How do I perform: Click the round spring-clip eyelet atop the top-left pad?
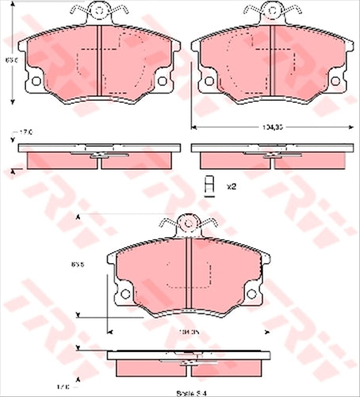pos(98,10)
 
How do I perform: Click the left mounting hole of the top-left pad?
pos(34,80)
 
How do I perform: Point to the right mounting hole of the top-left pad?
pos(161,80)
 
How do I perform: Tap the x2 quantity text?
pos(232,186)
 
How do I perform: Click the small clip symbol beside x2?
pos(209,185)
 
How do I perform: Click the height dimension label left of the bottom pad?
pos(78,265)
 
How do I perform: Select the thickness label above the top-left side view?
pos(25,132)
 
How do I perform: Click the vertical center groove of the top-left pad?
pos(98,63)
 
